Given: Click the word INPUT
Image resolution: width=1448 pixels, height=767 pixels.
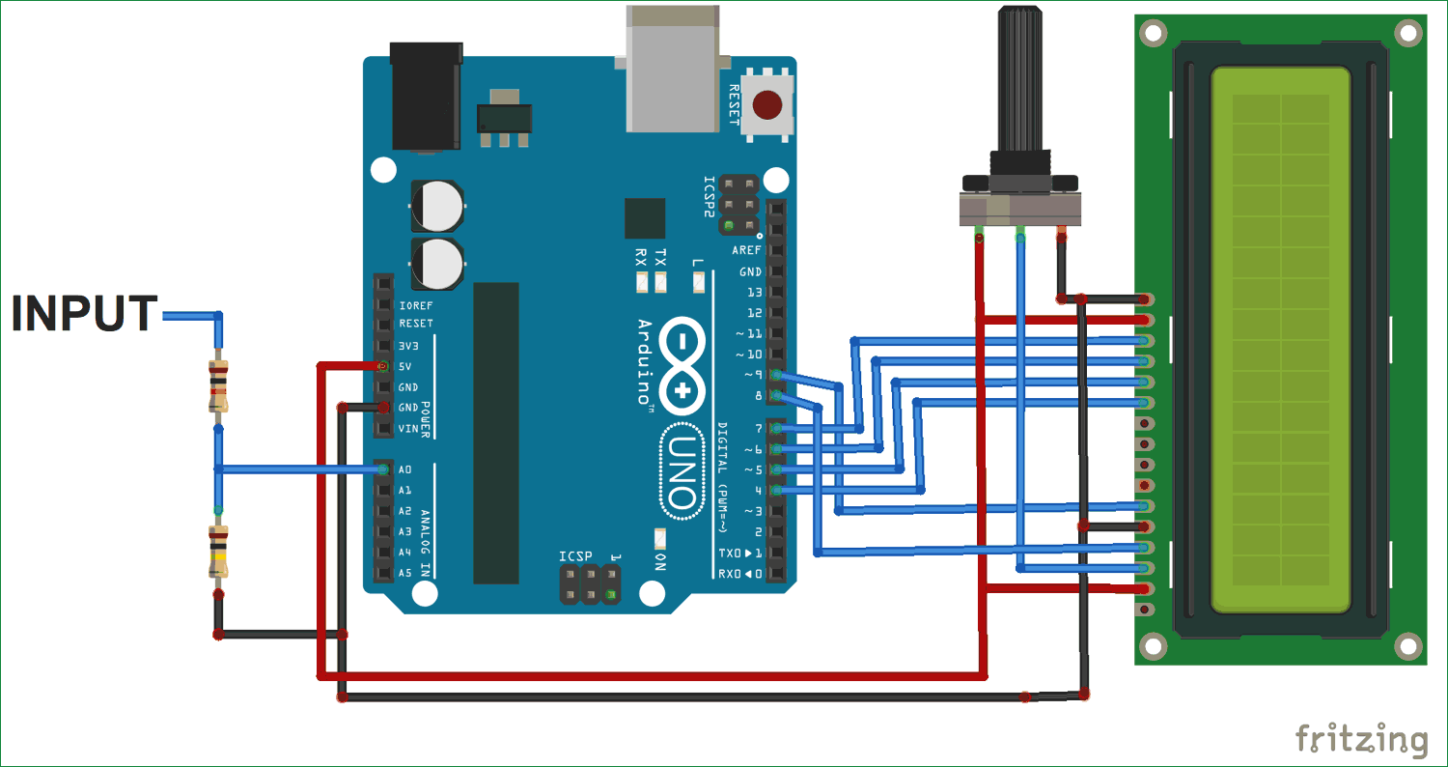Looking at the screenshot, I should (85, 314).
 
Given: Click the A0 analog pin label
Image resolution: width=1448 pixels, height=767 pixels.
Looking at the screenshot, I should (404, 469).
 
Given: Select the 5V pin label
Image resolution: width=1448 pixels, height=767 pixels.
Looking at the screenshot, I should (405, 366).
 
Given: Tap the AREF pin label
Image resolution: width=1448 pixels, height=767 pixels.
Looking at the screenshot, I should (746, 250).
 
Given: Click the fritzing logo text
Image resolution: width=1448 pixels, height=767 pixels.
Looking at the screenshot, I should (1361, 739).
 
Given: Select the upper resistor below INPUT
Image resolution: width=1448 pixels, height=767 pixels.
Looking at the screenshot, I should (219, 384).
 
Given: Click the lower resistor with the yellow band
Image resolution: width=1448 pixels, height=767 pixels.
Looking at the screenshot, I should (219, 551).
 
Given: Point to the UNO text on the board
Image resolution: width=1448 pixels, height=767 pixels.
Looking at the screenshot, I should (681, 473).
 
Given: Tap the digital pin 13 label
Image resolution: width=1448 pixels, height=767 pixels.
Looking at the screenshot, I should (753, 292).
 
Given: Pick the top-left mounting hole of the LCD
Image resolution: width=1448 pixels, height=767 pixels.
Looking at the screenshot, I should (1152, 33).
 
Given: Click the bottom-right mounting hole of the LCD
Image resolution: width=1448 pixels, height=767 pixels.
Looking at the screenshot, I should (1408, 645).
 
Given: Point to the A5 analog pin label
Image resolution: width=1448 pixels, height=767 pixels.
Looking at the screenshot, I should (405, 573).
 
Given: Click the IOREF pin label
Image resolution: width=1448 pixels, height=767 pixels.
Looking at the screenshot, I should (415, 304).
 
